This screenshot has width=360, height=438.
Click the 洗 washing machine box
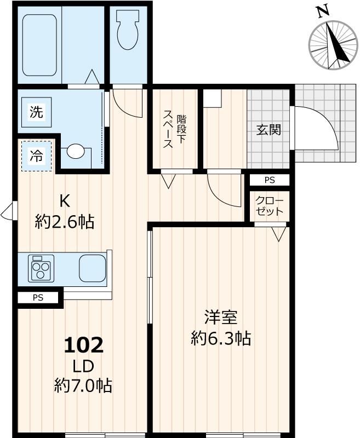point(36,113)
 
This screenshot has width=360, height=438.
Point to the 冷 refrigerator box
point(36,156)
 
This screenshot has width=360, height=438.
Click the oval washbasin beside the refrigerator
point(76,152)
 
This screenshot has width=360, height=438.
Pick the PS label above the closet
point(269,180)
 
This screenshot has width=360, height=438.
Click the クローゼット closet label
point(269,206)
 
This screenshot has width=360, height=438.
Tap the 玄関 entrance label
point(268,130)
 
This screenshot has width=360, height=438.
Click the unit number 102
point(83,345)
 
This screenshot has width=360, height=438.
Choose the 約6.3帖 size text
point(221,338)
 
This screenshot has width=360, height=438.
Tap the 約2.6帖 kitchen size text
point(65,222)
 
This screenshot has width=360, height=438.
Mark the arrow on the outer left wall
point(7,212)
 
